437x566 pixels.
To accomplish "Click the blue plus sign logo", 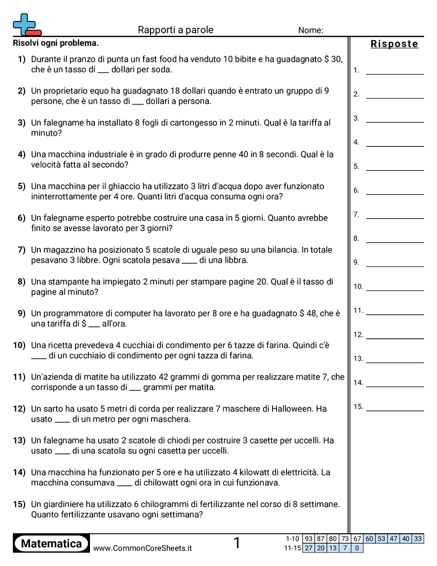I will [24, 24].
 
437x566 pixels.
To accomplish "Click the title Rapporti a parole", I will [176, 30].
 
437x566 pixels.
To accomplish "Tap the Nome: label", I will [311, 31].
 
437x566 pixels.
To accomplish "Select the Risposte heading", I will [394, 44].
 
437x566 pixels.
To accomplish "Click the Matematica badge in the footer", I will [51, 543].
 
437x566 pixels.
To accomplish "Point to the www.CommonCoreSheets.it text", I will [142, 548].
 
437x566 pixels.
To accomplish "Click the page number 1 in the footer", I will [237, 543].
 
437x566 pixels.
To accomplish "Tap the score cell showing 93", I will [308, 539].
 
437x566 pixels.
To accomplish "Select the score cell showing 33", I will [418, 539].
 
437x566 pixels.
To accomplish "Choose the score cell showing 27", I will [308, 548].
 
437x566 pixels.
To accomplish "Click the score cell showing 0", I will [357, 548].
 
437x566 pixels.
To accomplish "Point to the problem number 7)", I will [21, 250].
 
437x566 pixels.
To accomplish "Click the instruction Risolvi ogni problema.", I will [56, 43].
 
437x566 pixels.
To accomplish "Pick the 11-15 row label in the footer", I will [292, 548].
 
